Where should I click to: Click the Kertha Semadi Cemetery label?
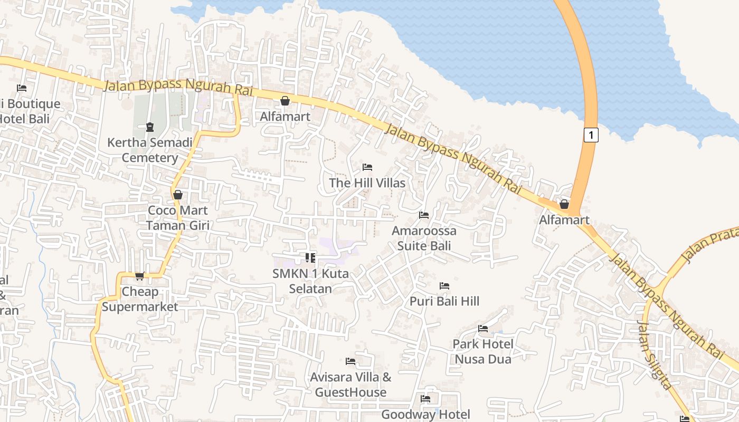pyautogui.click(x=150, y=150)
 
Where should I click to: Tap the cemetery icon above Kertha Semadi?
pyautogui.click(x=150, y=127)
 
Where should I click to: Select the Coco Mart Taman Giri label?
pyautogui.click(x=178, y=218)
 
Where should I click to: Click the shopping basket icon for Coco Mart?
pyautogui.click(x=178, y=195)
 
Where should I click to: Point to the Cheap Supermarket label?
pyautogui.click(x=140, y=299)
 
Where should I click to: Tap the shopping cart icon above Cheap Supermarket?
pyautogui.click(x=140, y=276)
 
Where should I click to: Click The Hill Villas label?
pyautogui.click(x=367, y=183)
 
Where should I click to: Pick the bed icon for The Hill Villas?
pyautogui.click(x=367, y=167)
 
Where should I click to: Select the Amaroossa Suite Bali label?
pyautogui.click(x=424, y=238)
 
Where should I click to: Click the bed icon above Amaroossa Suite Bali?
pyautogui.click(x=424, y=215)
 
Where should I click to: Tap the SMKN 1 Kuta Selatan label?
pyautogui.click(x=310, y=281)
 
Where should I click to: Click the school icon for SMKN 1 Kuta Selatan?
pyautogui.click(x=310, y=258)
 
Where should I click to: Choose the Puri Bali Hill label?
pyautogui.click(x=444, y=301)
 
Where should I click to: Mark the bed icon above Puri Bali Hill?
pyautogui.click(x=444, y=286)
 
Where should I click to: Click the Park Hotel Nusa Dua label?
pyautogui.click(x=483, y=352)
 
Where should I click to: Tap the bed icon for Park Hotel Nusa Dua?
pyautogui.click(x=483, y=329)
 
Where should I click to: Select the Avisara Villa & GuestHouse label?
pyautogui.click(x=350, y=385)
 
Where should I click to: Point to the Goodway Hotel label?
pyautogui.click(x=425, y=415)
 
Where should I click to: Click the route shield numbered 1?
pyautogui.click(x=591, y=135)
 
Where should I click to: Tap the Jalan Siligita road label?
pyautogui.click(x=655, y=355)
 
